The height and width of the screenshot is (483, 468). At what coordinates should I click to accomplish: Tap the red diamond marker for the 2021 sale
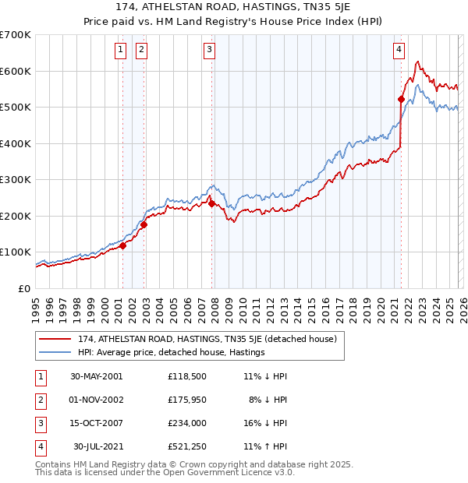(401, 99)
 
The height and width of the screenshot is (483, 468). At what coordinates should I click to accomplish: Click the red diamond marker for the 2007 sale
(211, 204)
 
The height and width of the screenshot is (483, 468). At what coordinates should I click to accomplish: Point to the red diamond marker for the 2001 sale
(122, 245)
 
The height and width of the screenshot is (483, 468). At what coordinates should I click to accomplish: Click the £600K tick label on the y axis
(16, 71)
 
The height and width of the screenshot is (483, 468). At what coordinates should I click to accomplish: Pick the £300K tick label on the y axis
(16, 180)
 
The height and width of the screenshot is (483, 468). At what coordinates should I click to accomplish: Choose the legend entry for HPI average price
(171, 352)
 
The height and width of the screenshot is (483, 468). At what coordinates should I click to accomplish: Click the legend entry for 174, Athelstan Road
(207, 339)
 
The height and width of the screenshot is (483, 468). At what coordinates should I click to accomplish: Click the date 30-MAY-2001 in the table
(96, 376)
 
